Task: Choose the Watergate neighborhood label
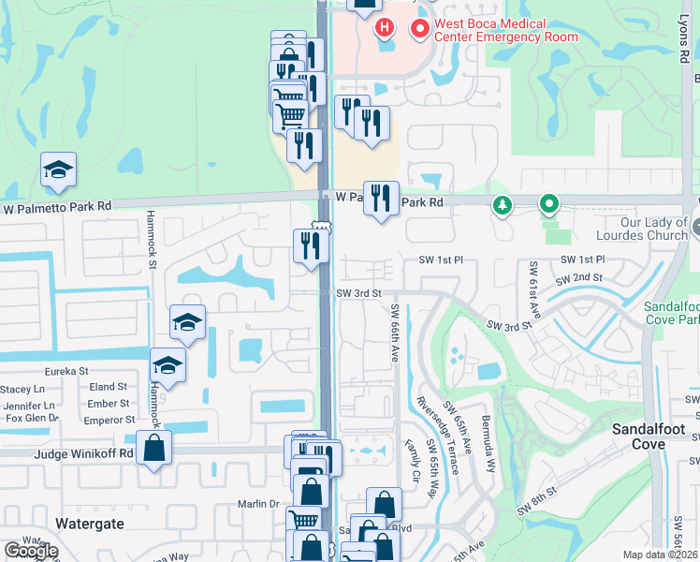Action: coord(90,524)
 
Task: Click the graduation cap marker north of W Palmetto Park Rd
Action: coord(58,170)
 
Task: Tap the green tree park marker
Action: coord(503,203)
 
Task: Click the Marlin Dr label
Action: coord(261,504)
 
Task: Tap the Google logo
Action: coord(31,551)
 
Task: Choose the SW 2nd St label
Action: coord(578,278)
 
